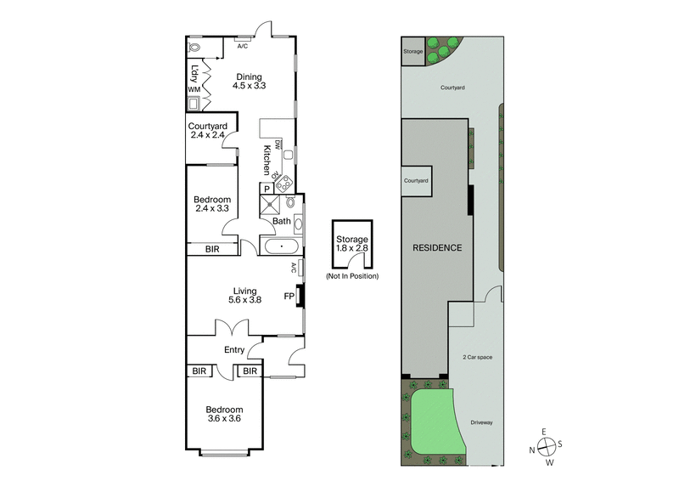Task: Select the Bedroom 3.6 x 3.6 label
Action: [225, 414]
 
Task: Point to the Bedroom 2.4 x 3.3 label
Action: [212, 203]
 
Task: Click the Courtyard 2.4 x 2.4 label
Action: [205, 130]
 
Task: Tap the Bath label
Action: [281, 222]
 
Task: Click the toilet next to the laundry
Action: [194, 48]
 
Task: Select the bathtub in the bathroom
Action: [280, 247]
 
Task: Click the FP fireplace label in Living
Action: [289, 297]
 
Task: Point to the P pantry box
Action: [267, 189]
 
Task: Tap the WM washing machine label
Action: [194, 88]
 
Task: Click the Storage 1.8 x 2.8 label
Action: [352, 245]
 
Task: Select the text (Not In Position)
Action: [352, 276]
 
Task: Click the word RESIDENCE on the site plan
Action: [437, 248]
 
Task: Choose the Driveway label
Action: [482, 422]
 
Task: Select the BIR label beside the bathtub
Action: [213, 249]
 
